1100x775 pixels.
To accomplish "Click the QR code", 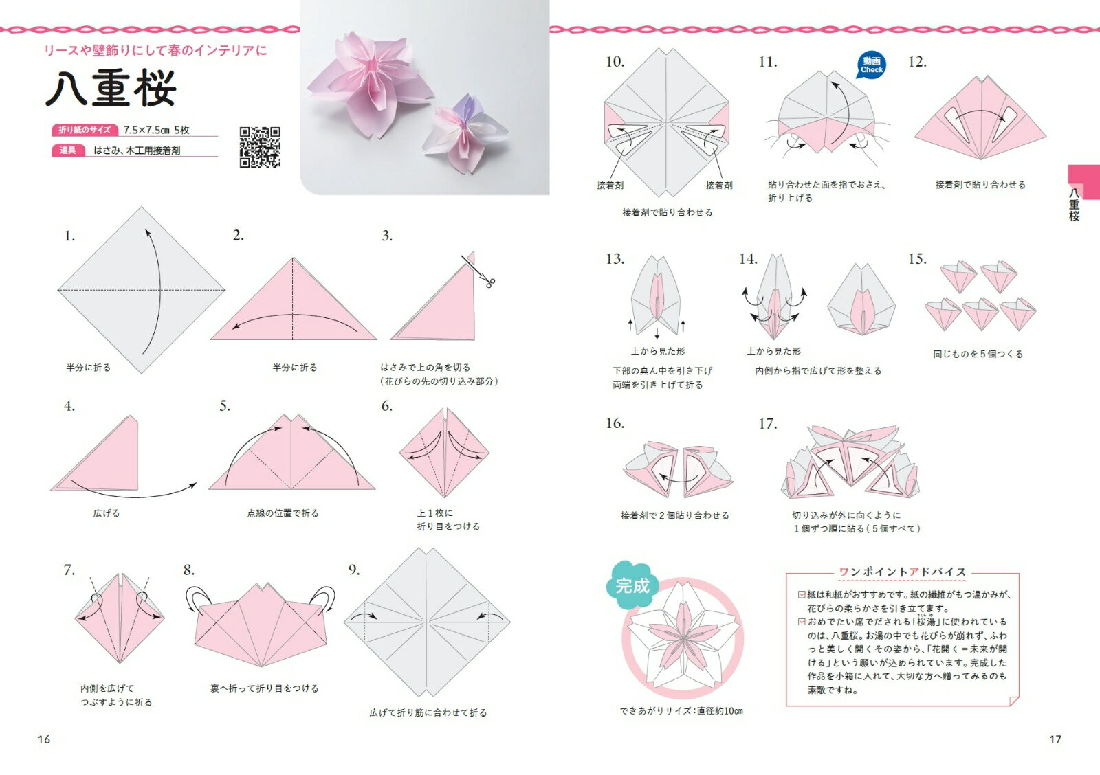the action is point(260,147).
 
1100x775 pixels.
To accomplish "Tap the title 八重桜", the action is point(111,89).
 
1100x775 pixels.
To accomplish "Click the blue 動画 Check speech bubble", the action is point(872,65).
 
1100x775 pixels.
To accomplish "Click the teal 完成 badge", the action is point(632,585).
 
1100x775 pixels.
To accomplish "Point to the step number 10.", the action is point(615,62).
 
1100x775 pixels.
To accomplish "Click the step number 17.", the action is point(767,424).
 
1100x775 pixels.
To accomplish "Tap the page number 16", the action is point(44,739).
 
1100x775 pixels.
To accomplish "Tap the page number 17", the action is point(1055,739).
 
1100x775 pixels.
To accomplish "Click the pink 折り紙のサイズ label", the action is point(85,130).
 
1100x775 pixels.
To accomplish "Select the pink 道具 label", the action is point(68,150).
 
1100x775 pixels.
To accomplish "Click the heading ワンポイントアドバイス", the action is point(903,572).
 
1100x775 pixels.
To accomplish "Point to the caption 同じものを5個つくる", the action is point(978,354).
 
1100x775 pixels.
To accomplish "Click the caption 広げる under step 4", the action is point(107,513).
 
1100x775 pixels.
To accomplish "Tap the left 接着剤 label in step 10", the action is point(610,185).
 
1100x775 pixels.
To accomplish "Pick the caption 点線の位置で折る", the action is point(283,513).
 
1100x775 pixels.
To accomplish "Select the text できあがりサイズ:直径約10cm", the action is point(681,710).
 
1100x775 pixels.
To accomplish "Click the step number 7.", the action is point(69,570).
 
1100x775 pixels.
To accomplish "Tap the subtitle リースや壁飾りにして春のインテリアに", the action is point(155,50).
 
